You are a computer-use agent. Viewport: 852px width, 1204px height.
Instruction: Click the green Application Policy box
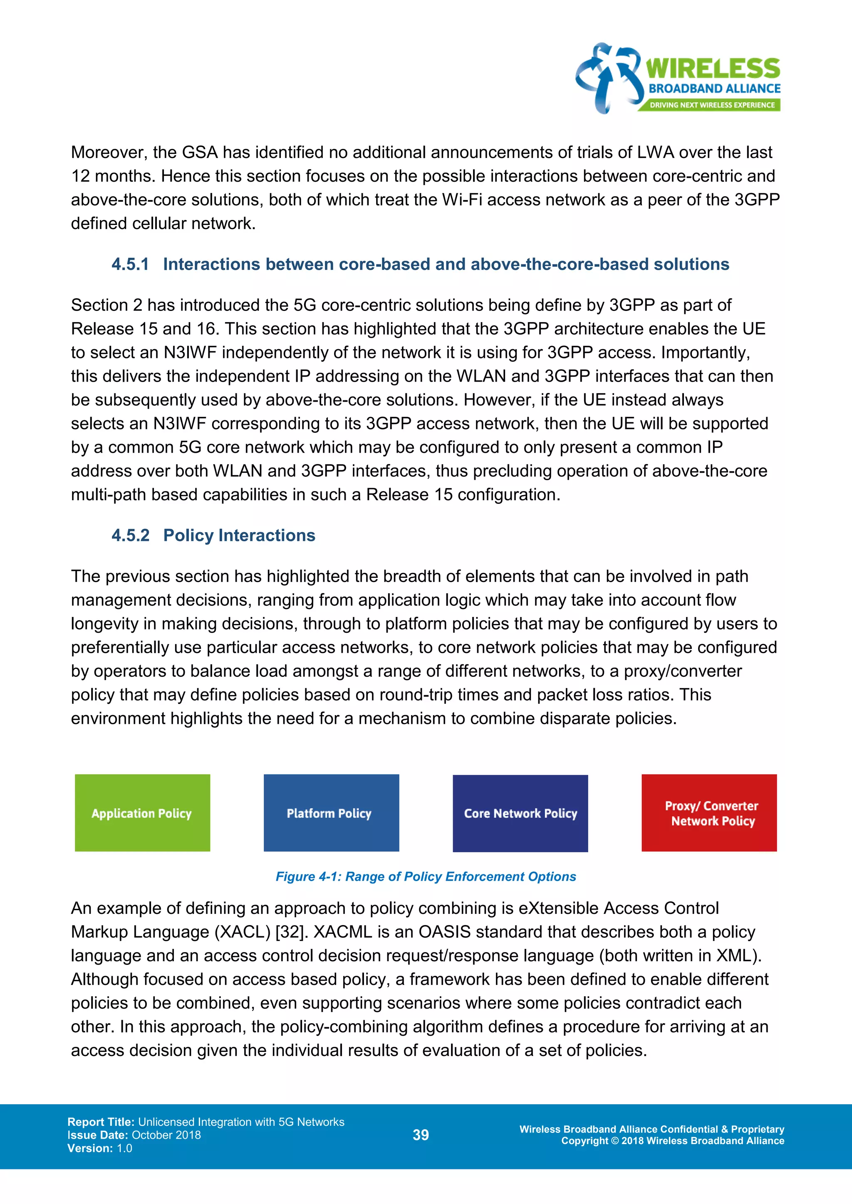coord(142,812)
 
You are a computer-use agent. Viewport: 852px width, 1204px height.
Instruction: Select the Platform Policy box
coord(331,812)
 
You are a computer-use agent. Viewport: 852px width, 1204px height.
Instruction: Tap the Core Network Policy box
coord(520,813)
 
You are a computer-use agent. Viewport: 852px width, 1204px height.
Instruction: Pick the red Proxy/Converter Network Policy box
coord(709,812)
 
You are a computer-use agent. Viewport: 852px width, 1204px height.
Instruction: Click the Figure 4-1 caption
coord(426,876)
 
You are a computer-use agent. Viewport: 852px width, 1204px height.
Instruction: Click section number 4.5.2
coord(130,535)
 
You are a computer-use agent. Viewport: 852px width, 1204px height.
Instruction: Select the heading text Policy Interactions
coord(239,535)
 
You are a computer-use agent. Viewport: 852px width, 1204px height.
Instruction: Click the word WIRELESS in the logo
coord(713,69)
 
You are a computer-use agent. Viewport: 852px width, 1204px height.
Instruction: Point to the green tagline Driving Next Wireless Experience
coord(711,105)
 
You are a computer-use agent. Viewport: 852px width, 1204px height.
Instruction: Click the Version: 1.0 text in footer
coord(100,1148)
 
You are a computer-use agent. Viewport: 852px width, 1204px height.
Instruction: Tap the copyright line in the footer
coord(673,1140)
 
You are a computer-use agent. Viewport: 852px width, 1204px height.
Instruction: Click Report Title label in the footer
coord(101,1122)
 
